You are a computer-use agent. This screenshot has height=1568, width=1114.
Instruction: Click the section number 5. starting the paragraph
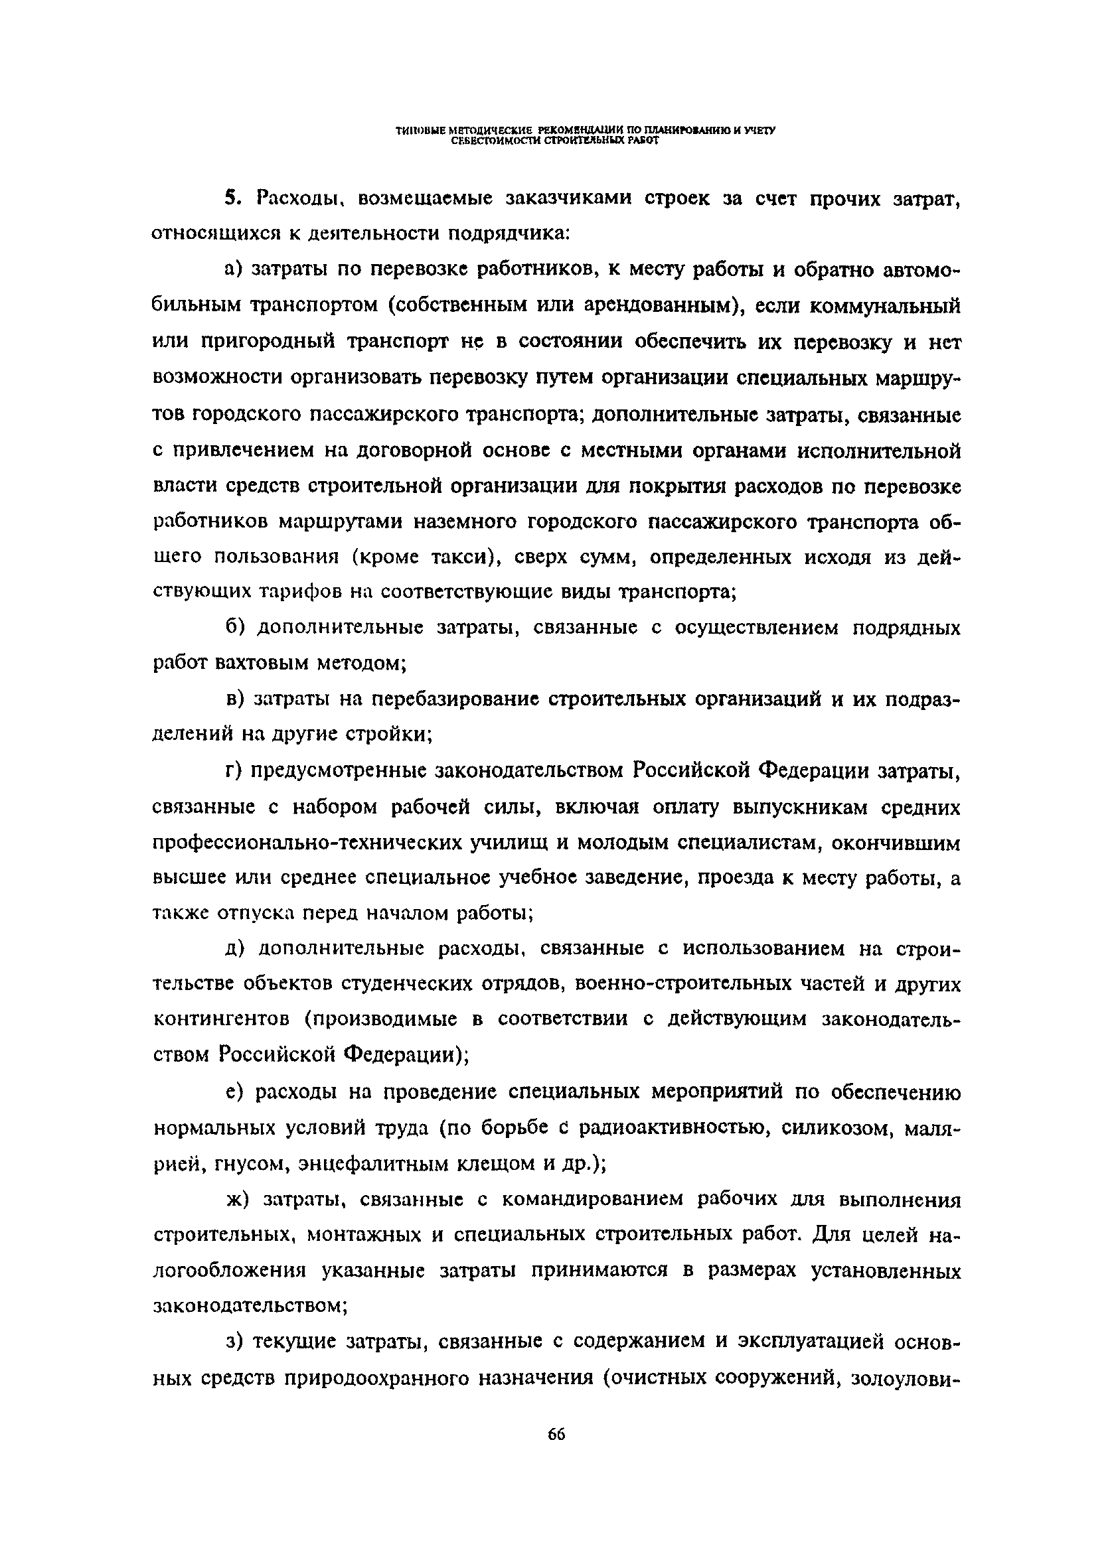(233, 198)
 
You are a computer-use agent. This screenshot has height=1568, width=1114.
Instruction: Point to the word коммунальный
(884, 306)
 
